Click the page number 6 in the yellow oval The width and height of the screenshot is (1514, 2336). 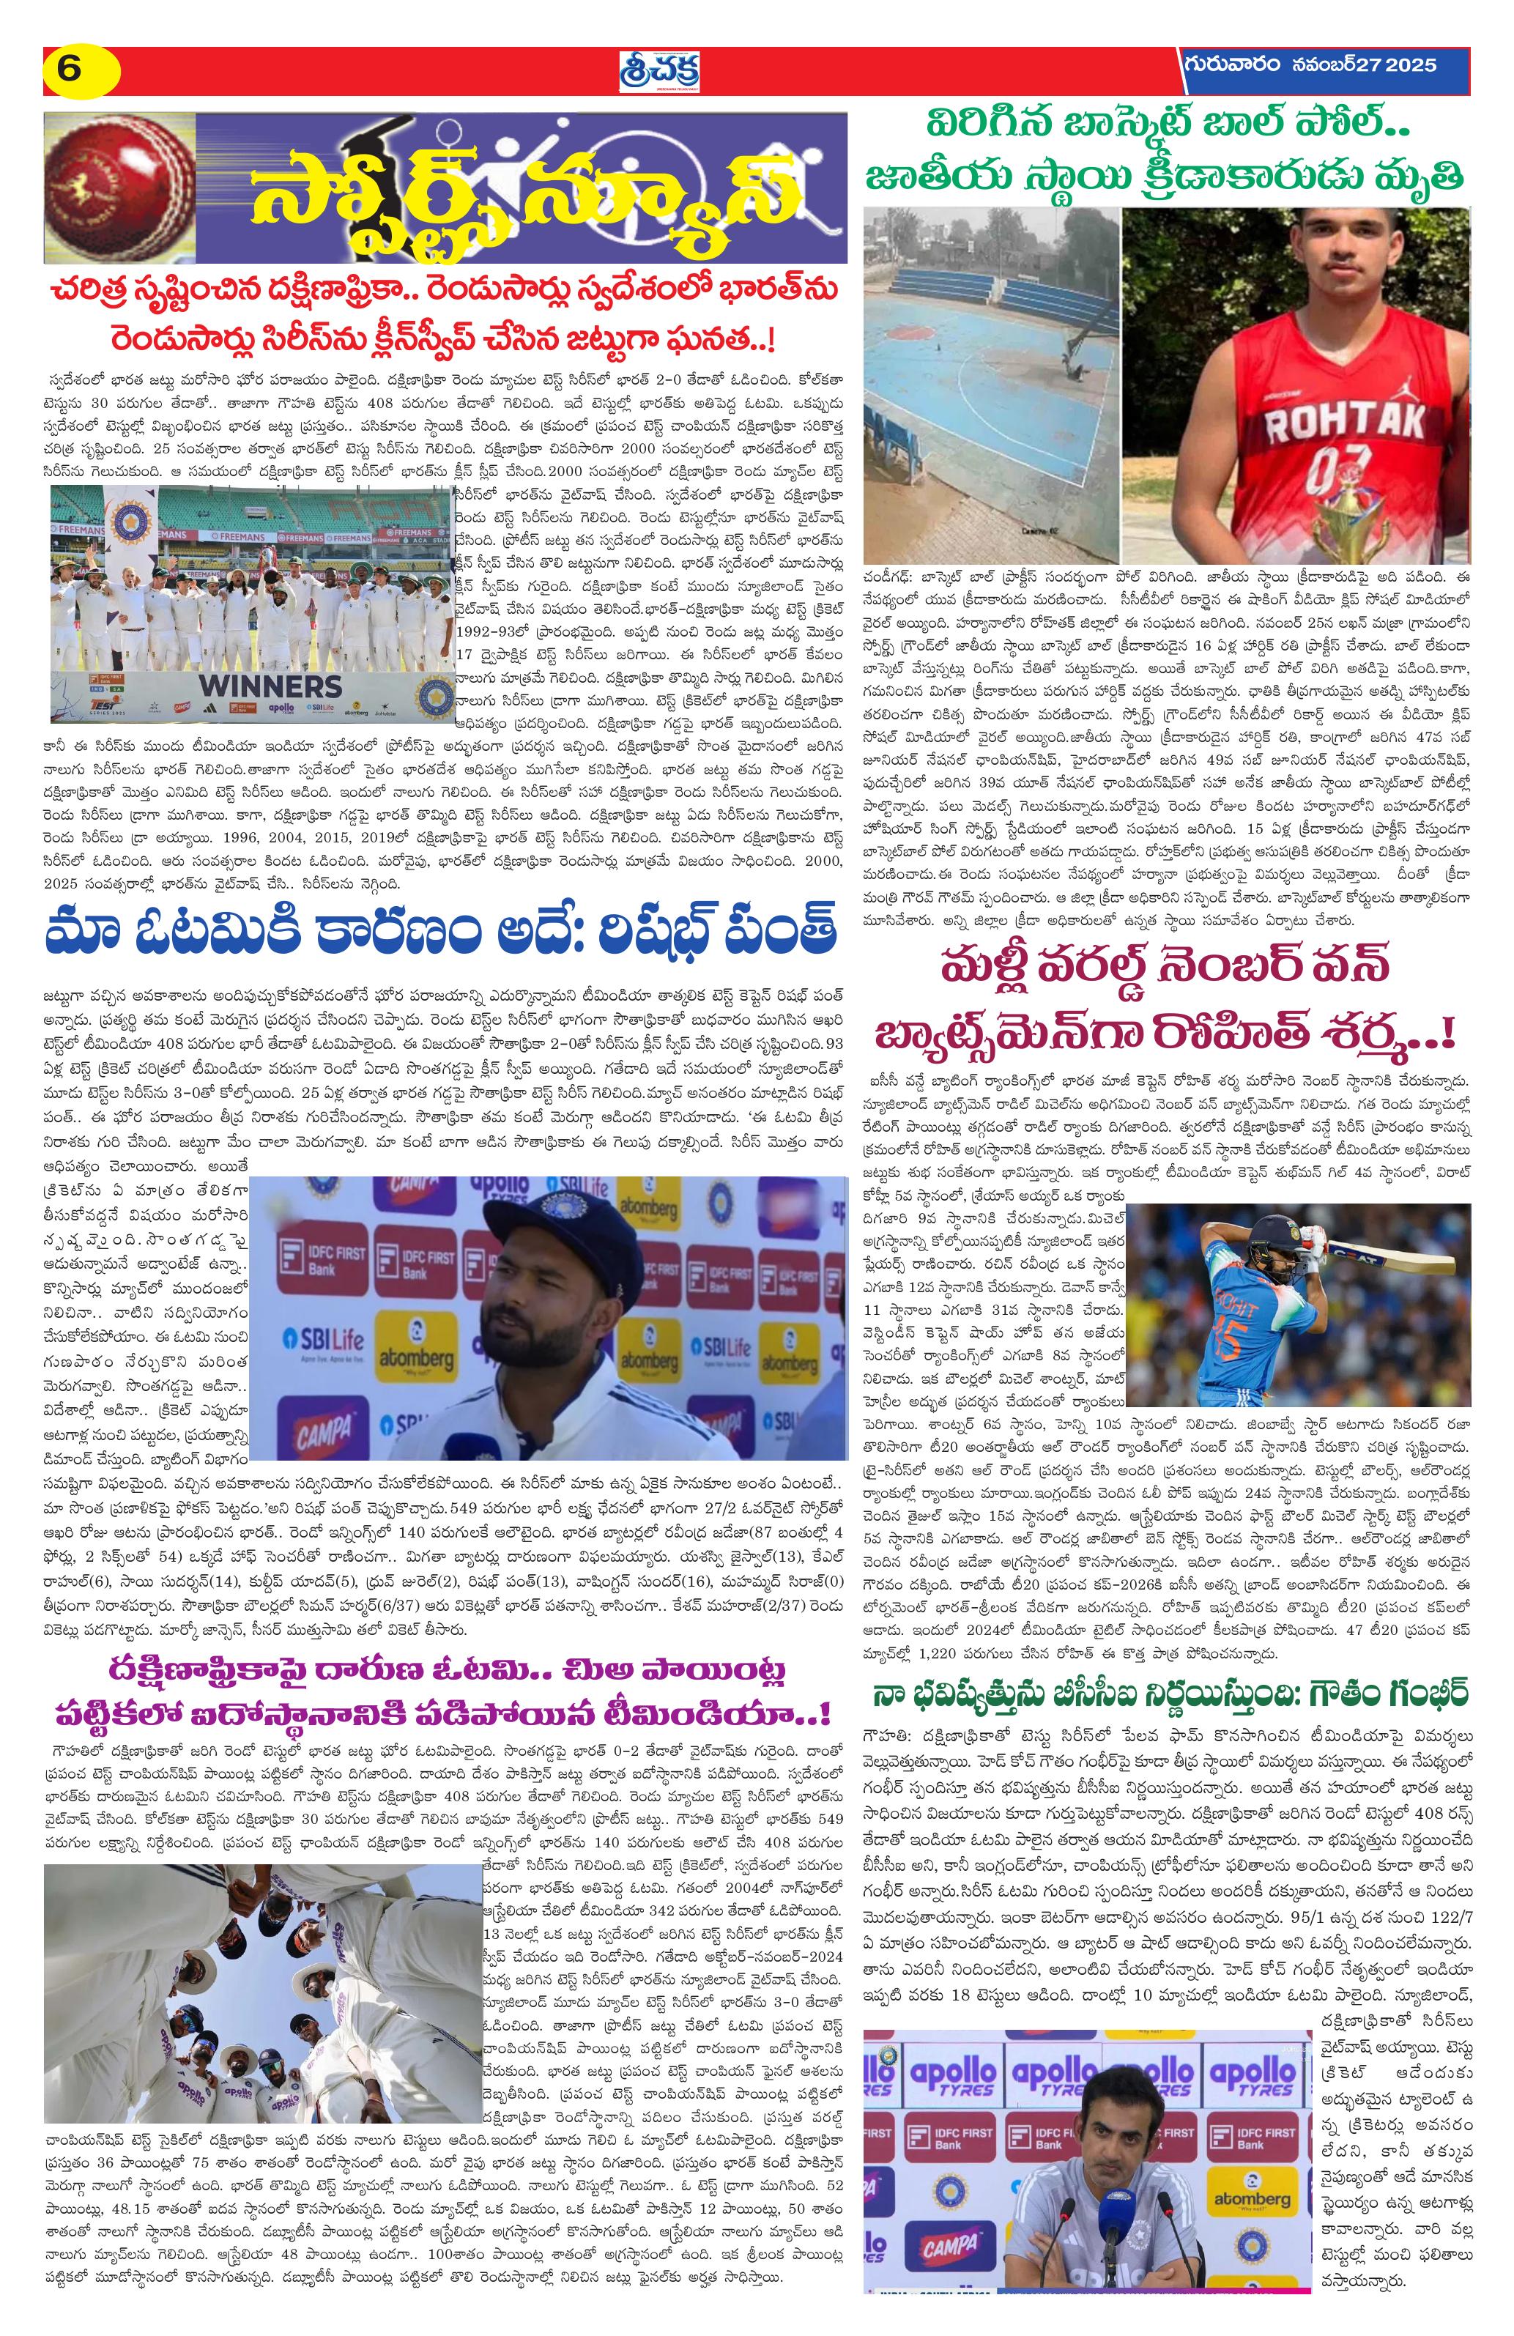tap(67, 70)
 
